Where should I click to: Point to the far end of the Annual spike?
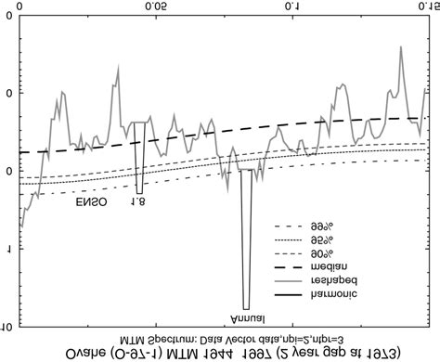pos(246,307)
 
